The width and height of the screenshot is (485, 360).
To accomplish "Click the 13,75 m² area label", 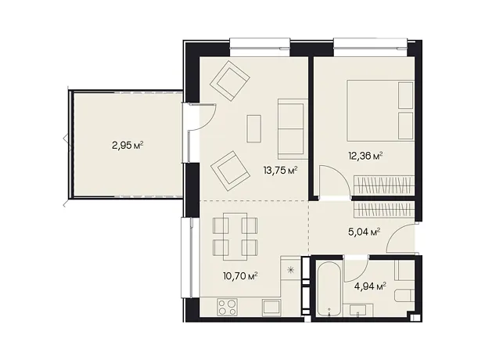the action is pos(281,171).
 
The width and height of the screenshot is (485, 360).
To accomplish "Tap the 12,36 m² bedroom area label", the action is pos(366,156).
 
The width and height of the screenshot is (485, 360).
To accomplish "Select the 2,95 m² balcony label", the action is pos(128,145).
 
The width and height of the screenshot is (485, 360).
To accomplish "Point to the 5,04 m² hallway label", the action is pos(364,232).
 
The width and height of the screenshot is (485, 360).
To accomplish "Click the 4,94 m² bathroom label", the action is pos(370,286).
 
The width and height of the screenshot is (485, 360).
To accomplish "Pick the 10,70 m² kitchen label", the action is pos(241,275).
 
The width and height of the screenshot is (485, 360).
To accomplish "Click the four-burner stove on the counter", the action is pos(228,307).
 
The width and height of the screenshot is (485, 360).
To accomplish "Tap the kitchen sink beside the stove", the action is pos(271,308).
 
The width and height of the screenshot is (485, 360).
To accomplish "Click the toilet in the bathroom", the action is pos(404,296).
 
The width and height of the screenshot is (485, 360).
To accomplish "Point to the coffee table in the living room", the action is pos(254,128).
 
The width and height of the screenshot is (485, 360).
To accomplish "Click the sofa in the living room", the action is pos(293,129).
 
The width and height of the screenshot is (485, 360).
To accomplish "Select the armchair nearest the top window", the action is pos(229,81).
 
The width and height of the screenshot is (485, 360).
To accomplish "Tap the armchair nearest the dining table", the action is pos(230,171).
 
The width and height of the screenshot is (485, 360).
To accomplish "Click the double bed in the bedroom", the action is pos(380,110).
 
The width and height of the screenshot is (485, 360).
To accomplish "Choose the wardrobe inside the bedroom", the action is pos(383,185).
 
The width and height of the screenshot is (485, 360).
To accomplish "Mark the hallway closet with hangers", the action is pos(383,209).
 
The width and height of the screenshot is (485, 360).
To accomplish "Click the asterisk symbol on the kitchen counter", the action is pos(290,270).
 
